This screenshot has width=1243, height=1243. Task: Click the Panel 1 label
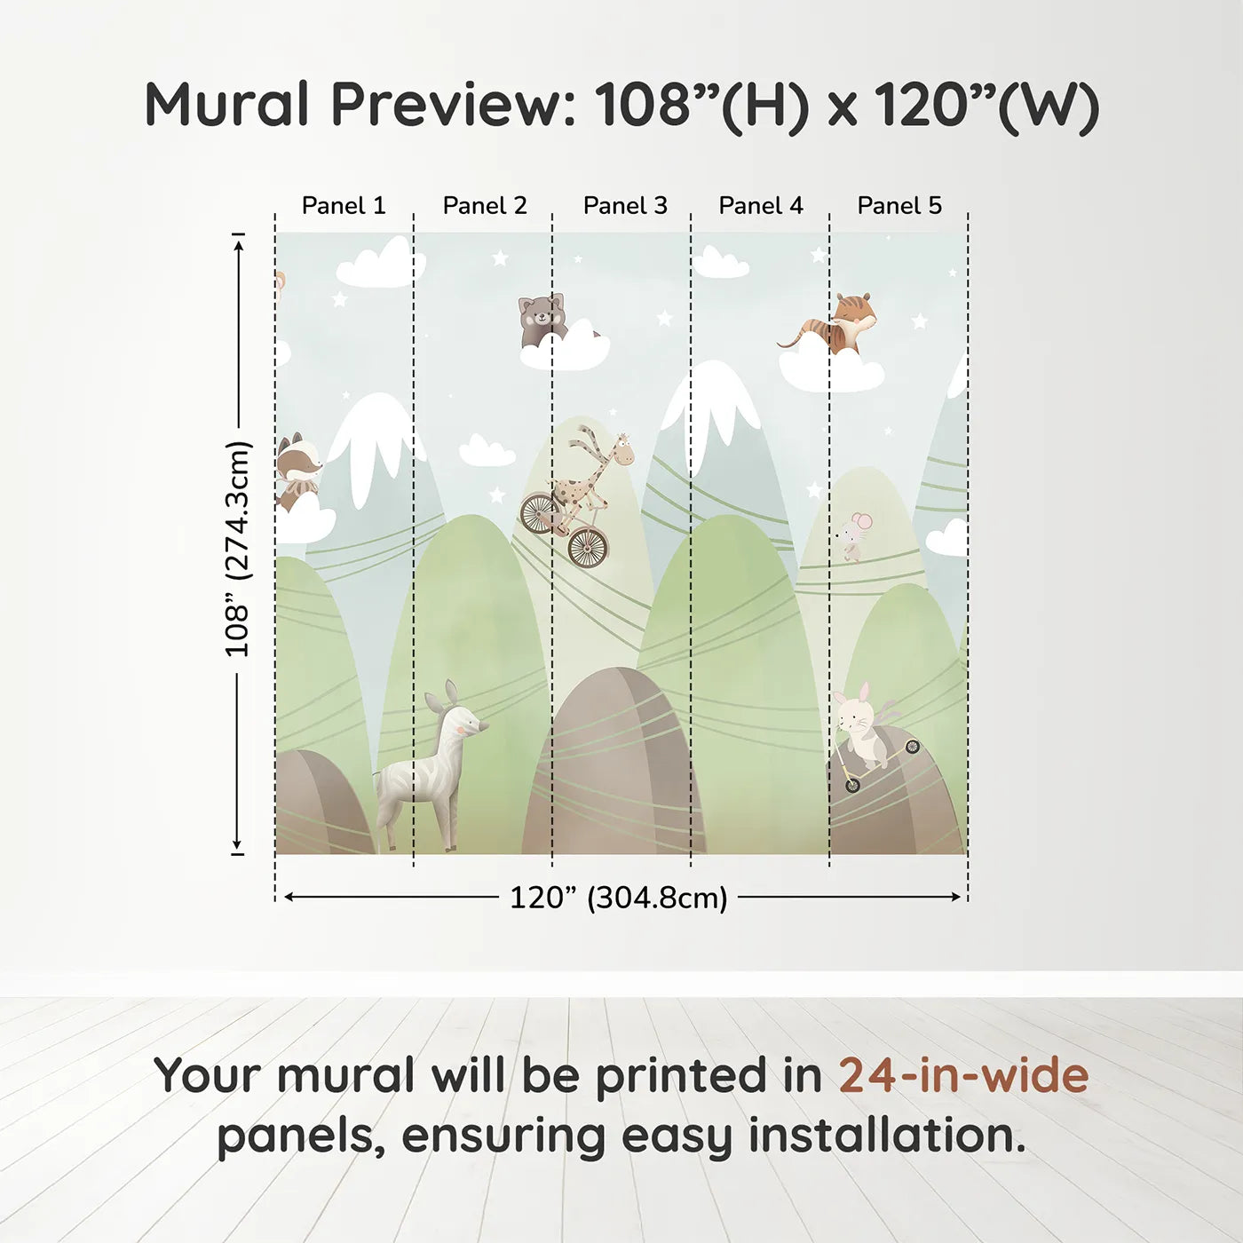click(344, 206)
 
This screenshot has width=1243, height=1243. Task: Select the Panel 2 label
click(485, 206)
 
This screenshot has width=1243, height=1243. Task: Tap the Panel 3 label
click(625, 206)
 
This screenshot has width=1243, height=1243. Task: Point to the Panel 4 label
click(761, 206)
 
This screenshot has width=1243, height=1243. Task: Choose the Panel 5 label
click(899, 206)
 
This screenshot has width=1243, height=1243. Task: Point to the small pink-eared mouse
click(854, 534)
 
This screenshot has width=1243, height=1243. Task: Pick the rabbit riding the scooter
click(865, 725)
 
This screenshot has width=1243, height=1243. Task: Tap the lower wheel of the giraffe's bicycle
click(588, 548)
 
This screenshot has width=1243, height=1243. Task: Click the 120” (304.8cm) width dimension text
click(619, 898)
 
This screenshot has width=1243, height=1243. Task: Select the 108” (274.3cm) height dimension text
click(236, 549)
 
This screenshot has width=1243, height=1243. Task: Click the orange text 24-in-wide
click(963, 1075)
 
